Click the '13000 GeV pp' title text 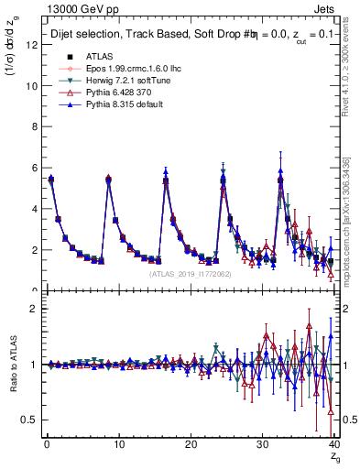tap(71, 9)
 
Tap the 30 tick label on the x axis tap(262, 445)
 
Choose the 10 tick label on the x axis tap(118, 445)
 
